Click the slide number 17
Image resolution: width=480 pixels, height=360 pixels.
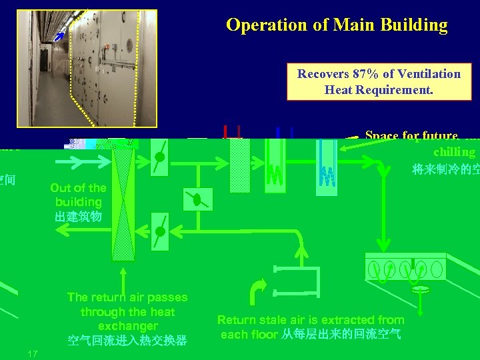(x=32, y=353)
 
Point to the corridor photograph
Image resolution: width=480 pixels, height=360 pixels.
(x=86, y=68)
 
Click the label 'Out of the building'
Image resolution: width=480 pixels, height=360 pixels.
(x=78, y=195)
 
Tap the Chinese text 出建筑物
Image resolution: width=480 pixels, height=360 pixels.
(x=78, y=217)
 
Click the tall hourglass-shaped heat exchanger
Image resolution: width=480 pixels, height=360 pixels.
(x=123, y=200)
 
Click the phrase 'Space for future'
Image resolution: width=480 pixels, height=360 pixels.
(x=411, y=136)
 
